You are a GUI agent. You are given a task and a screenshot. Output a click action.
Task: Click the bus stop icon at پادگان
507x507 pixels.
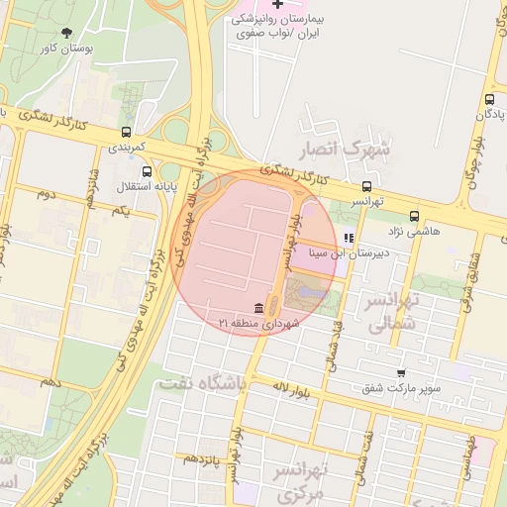[490, 99]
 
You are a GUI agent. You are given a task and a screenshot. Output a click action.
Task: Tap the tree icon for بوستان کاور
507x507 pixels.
[66, 32]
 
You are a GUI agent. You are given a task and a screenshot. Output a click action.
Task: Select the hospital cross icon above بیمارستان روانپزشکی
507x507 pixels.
[278, 5]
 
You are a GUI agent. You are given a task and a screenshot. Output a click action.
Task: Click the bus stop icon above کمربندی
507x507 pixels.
[126, 132]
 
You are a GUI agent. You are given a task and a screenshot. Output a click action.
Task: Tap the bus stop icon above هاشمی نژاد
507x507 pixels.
[414, 216]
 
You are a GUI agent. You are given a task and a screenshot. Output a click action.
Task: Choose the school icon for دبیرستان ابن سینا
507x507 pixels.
[348, 238]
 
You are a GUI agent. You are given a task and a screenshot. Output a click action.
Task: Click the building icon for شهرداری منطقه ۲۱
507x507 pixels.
[259, 307]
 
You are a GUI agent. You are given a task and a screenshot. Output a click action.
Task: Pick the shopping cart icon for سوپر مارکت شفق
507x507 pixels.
[401, 372]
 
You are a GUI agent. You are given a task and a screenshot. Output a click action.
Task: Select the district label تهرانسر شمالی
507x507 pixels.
[388, 311]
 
